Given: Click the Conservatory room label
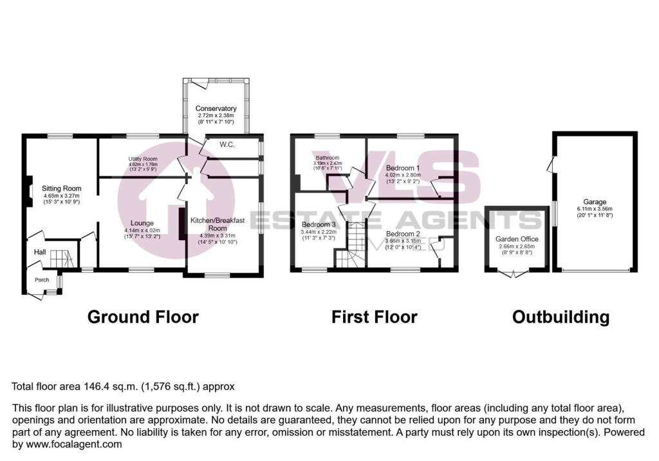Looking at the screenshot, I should [216, 108].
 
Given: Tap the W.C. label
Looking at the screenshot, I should [226, 145].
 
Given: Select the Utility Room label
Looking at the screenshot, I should [143, 158].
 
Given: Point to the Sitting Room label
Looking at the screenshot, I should [62, 189].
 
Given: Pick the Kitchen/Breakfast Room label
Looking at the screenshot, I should [218, 224].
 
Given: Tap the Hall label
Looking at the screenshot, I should [39, 252].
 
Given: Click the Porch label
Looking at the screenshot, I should [42, 279].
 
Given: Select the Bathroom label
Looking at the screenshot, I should [327, 157].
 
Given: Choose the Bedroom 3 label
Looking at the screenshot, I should [319, 225].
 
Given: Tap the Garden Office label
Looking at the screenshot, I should [517, 239].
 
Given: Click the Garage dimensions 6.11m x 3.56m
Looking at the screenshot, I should [595, 209].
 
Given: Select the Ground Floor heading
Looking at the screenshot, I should [143, 317].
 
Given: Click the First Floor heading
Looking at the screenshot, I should [375, 317].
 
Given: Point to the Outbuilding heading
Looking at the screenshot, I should [561, 317].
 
